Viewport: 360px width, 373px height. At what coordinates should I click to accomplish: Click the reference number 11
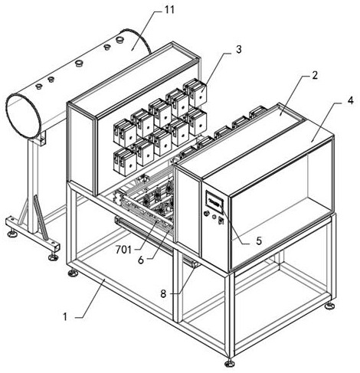169,10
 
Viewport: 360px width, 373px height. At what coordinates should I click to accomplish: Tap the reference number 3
238,50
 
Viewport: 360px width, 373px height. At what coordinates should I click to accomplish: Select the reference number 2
314,75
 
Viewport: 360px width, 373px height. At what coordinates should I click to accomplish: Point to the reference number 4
351,100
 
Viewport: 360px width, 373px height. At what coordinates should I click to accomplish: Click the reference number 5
259,240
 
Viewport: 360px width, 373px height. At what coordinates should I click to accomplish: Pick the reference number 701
123,250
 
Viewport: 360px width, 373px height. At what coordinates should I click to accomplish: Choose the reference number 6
141,260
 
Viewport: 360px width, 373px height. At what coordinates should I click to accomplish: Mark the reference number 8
163,294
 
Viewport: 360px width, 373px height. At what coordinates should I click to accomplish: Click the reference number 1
65,317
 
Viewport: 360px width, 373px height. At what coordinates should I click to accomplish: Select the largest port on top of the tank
119,40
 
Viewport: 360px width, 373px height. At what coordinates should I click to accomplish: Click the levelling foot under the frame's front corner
229,362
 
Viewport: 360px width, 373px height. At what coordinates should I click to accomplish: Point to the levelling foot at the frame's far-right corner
330,305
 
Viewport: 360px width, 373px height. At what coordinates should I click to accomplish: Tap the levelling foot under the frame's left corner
73,273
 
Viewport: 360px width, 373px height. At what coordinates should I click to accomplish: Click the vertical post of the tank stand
33,186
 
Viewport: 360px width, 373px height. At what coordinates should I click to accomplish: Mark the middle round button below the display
214,217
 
